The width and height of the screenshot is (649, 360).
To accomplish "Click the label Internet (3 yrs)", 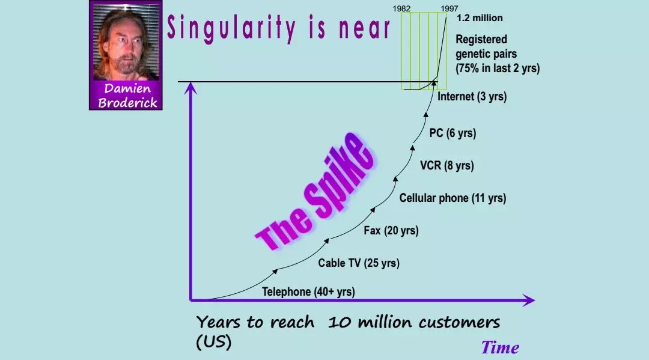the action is click(472, 96).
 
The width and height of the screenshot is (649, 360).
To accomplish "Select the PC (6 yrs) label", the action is click(452, 133).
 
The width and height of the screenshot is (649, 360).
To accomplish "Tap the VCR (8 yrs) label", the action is click(446, 165).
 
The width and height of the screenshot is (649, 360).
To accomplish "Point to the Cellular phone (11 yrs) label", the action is click(452, 198).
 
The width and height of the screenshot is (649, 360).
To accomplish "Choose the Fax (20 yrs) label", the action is click(391, 230).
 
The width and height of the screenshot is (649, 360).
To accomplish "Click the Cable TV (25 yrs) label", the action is click(358, 263).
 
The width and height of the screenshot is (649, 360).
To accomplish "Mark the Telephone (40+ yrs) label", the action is click(308, 291).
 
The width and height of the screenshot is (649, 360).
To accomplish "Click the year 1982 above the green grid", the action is click(401, 8).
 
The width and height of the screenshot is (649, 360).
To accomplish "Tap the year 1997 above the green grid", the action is click(449, 8).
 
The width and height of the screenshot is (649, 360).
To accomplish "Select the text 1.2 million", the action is click(480, 18).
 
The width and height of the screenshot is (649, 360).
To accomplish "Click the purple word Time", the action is click(499, 347).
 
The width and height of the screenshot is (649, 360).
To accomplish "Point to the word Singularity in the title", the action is click(231, 28).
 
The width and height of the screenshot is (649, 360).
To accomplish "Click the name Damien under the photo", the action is click(127, 88).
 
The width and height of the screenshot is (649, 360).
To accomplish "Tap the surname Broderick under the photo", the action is click(127, 102).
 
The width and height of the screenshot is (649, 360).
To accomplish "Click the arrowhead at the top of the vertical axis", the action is click(190, 88).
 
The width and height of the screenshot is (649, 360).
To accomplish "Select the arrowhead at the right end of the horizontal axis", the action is click(529, 300).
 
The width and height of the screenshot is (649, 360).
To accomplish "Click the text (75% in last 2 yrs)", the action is click(498, 69).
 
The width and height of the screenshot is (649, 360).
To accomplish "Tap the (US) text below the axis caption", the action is click(213, 342).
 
